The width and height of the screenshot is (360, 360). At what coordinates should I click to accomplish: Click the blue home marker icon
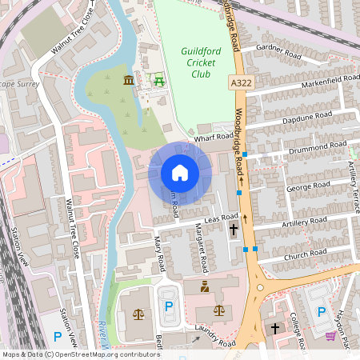[180, 173]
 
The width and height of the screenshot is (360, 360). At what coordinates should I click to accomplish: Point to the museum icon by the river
[129, 80]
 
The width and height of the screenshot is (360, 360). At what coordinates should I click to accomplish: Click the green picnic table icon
[158, 80]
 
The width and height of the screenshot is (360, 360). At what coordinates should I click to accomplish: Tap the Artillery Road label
[305, 221]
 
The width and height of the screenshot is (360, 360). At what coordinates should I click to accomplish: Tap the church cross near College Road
[275, 329]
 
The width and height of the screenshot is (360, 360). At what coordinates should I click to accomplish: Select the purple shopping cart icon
[330, 335]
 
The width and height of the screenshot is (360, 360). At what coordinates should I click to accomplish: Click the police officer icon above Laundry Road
[204, 286]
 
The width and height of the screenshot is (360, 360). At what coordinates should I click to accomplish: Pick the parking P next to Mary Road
[168, 306]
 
